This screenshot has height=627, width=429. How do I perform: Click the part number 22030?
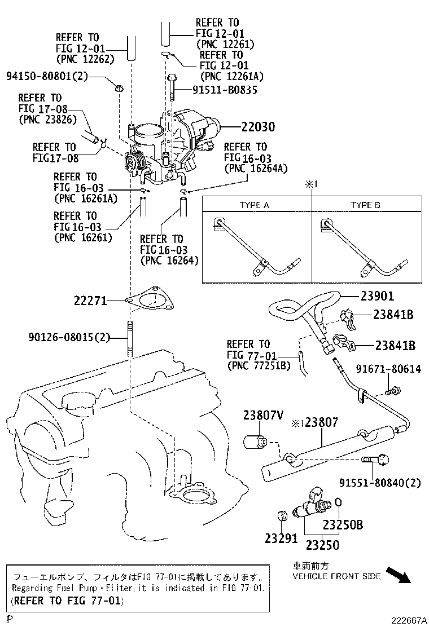click(251, 127)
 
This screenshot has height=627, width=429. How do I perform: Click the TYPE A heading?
click(255, 205)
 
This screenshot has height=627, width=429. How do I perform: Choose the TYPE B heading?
click(365, 205)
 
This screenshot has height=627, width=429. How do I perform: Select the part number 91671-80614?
click(388, 369)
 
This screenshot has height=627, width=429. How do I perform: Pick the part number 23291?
click(281, 538)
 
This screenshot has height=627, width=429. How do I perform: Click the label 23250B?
click(343, 525)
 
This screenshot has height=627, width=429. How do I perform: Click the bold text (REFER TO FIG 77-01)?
click(67, 600)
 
